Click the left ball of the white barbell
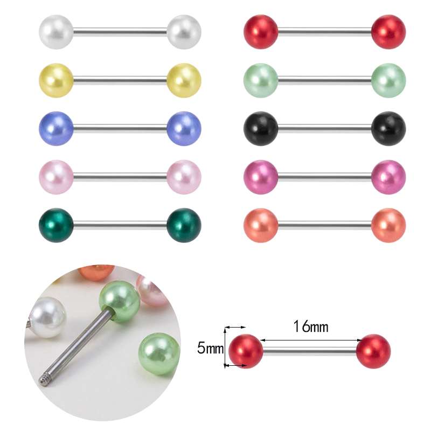[x=56, y=32]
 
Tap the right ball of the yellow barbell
[x=184, y=80]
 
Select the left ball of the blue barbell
[x=56, y=128]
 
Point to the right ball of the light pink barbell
[x=184, y=177]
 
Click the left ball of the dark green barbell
[x=56, y=225]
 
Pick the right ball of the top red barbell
[x=388, y=32]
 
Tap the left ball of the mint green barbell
[x=261, y=80]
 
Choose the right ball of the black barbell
[x=388, y=128]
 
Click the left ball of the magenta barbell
[x=261, y=177]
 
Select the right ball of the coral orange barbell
[x=388, y=225]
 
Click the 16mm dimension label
[x=311, y=327]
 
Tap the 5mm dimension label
[x=210, y=348]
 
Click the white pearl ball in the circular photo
[x=47, y=317]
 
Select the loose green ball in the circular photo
[x=159, y=354]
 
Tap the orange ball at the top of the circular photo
[x=96, y=272]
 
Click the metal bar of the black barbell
[x=325, y=128]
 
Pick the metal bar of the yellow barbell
[x=120, y=80]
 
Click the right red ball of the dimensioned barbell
[x=373, y=351]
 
